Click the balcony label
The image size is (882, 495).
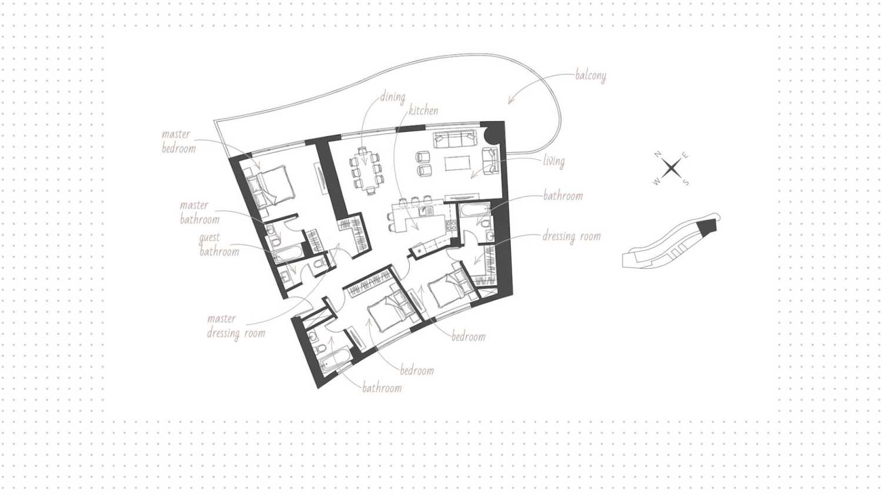[x=590, y=76]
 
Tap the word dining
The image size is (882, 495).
[x=393, y=97]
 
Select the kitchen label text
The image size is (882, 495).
[x=423, y=111]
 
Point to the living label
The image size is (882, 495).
[x=554, y=162]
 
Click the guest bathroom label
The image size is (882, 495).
[x=219, y=245]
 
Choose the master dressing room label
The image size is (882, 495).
[x=236, y=326]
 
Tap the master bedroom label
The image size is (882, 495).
[x=179, y=141]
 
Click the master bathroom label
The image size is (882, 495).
[x=200, y=212]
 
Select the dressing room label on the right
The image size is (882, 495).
[x=572, y=237]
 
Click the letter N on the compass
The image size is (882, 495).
[x=657, y=155]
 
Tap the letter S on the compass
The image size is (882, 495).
[x=686, y=182]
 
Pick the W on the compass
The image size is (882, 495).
[x=656, y=182]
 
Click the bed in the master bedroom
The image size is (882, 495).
[x=270, y=186]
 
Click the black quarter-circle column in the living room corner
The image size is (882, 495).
[x=492, y=135]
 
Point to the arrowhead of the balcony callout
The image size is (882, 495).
[x=510, y=101]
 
